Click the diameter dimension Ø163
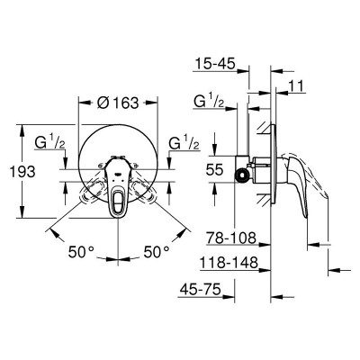point(118,103)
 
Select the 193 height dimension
point(22,172)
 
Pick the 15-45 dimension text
point(215,63)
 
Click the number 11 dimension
point(296,86)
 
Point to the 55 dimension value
point(214,170)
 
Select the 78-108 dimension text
point(231,238)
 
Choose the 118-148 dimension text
point(229,263)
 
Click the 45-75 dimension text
point(201,290)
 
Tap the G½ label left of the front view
point(49,142)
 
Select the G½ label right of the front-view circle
point(184,142)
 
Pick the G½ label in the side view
point(209,101)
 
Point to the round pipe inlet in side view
point(241,175)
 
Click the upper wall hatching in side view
point(264,128)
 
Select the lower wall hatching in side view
point(264,199)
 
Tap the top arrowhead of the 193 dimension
point(22,130)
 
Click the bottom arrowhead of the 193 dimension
point(22,212)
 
